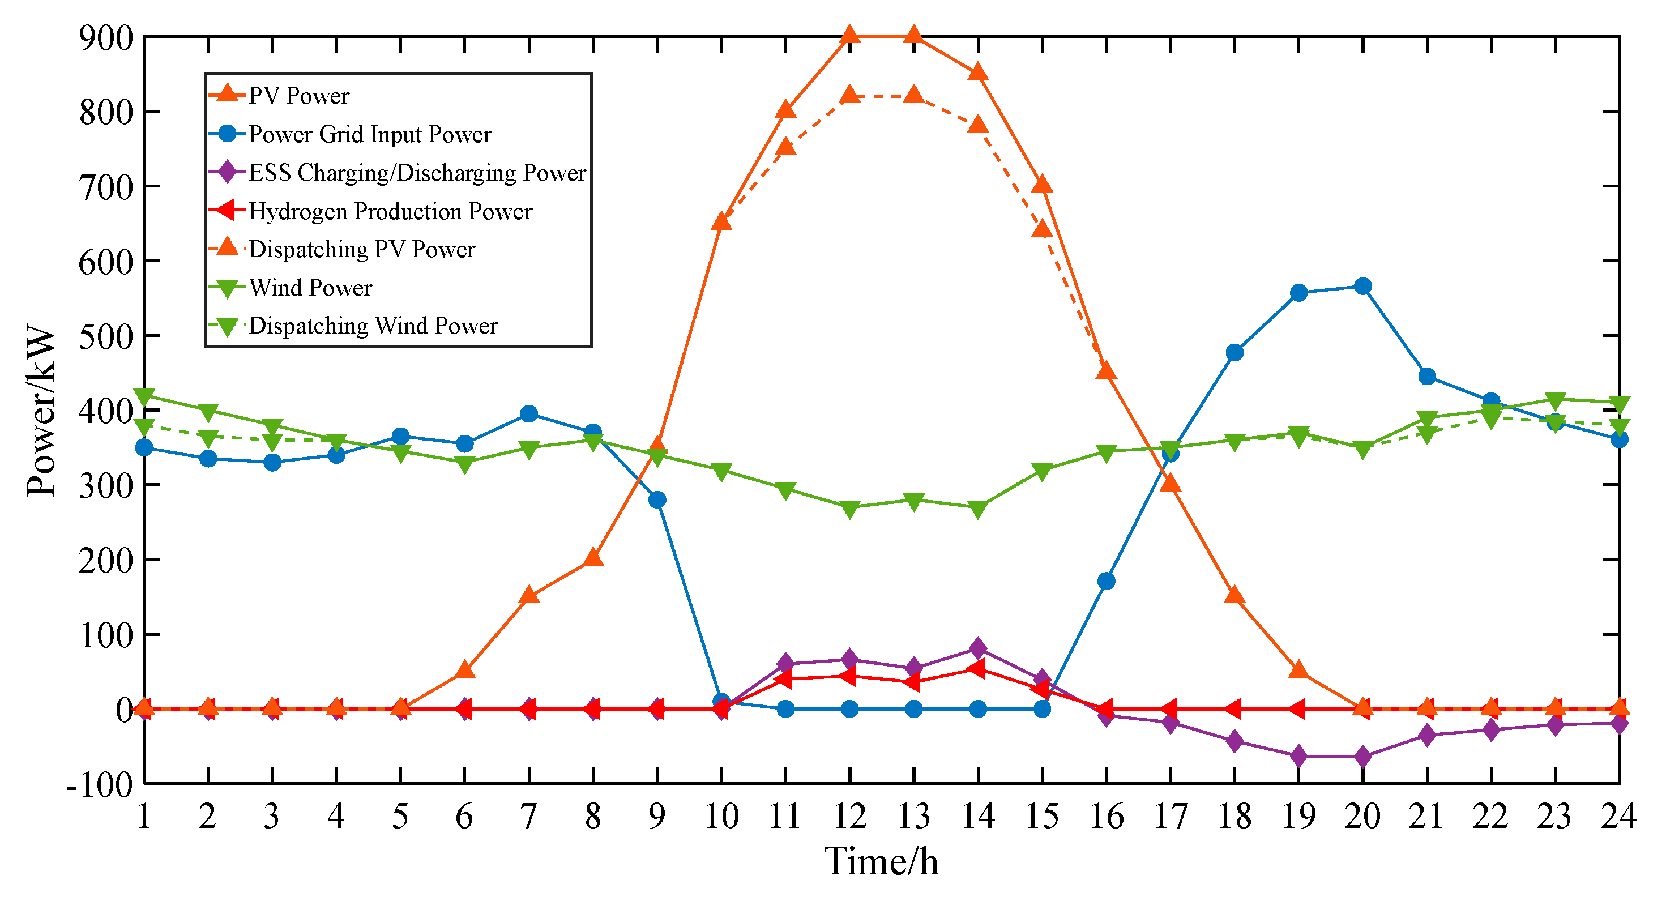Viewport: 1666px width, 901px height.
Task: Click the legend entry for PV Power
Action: (299, 96)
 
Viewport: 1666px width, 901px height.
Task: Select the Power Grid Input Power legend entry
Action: (370, 135)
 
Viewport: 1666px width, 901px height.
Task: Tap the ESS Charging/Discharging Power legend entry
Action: (417, 173)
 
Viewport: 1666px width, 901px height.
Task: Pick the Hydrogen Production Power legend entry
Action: (390, 211)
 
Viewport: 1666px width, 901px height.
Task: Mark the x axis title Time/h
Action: (881, 862)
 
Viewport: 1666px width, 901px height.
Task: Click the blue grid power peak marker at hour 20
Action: (1362, 287)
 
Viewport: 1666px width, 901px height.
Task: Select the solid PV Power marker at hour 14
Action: (978, 72)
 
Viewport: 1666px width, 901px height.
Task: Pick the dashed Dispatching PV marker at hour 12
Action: (850, 96)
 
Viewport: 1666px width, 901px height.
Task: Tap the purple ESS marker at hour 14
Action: (978, 648)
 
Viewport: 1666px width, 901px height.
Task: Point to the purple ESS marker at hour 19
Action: (1298, 756)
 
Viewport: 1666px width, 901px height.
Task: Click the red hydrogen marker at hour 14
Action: (977, 669)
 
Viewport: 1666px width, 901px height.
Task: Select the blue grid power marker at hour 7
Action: (529, 414)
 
